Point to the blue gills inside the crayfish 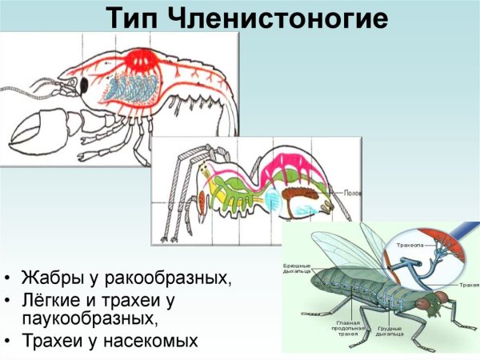click(119, 87)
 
